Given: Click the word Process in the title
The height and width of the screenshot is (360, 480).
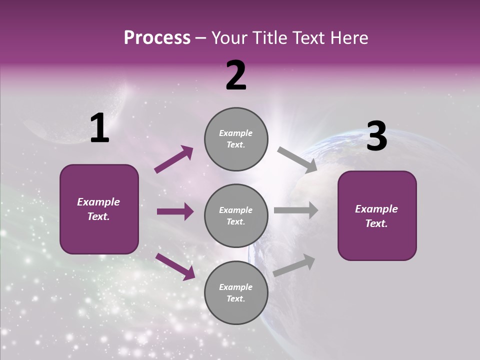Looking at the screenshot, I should click(157, 38).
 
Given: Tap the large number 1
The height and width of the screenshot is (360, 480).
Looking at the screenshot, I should click(99, 128).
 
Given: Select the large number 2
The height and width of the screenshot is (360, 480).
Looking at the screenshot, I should click(236, 75).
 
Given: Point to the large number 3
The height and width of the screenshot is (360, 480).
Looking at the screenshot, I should click(376, 136).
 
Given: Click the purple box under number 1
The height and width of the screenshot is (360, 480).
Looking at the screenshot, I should click(99, 209).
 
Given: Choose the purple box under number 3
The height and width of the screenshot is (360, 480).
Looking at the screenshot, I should click(377, 215).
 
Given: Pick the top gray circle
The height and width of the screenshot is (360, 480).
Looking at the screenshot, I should click(236, 139).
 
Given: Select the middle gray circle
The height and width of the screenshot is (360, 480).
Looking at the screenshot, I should click(236, 215).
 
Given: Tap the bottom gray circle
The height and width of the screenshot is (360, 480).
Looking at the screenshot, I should click(236, 292).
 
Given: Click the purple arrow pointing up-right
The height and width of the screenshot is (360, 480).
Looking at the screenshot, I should click(173, 159).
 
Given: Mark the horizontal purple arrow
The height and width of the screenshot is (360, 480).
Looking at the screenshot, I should click(175, 211).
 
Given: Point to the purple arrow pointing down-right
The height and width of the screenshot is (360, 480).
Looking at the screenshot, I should click(175, 266).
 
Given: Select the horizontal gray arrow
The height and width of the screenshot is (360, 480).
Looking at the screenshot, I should click(296, 210).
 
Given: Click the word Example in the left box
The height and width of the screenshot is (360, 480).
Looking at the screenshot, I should click(98, 202).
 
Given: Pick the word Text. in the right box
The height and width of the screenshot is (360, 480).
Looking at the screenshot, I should click(376, 223).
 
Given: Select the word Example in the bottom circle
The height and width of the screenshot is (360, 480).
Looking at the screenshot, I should click(236, 287).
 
